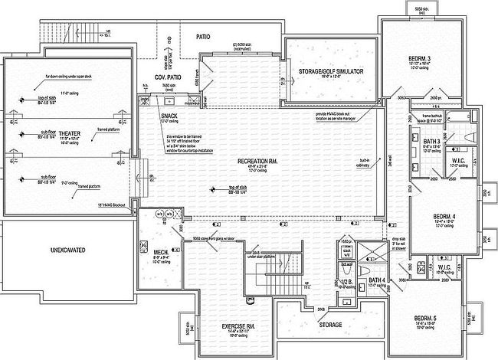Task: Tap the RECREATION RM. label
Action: tap(241, 162)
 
